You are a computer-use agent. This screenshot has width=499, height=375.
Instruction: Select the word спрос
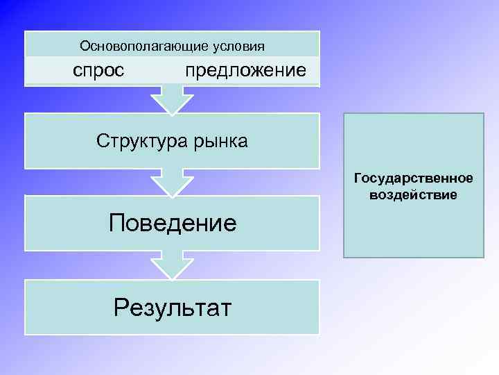tap(99, 70)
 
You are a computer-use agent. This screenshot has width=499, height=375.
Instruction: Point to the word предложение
tap(245, 71)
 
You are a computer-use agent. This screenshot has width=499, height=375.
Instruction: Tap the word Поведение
tap(173, 223)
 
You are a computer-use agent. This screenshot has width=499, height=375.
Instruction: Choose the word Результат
tap(173, 306)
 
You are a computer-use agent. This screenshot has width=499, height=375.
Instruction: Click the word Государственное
tap(413, 179)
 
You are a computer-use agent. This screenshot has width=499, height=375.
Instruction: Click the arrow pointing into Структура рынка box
tap(172, 99)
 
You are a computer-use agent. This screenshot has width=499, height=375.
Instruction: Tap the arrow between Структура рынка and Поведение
tap(172, 182)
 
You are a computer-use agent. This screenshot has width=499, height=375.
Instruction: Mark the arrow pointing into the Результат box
tap(172, 265)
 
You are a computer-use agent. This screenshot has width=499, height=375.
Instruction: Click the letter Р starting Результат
tap(121, 306)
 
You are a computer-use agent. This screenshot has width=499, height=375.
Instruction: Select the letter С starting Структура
tap(103, 142)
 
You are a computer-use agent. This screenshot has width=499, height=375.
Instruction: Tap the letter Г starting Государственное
tap(358, 179)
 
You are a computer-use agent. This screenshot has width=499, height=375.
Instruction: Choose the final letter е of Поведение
tap(229, 224)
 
